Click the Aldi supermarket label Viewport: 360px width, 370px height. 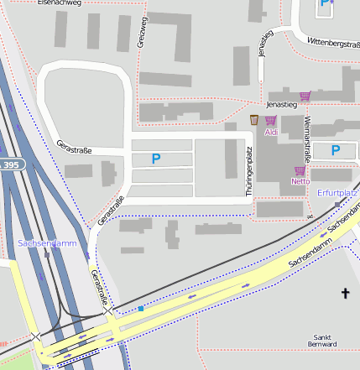[271, 133]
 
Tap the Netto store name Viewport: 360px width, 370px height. [300, 181]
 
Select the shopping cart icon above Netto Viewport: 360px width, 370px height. [300, 170]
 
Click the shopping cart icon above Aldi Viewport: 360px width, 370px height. [270, 121]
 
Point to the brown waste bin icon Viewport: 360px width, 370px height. [254, 120]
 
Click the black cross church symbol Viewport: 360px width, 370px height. [344, 293]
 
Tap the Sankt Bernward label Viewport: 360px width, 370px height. [322, 340]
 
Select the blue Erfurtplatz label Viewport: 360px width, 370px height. [337, 193]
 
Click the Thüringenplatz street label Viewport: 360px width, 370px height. [248, 172]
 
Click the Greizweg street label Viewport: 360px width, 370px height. [143, 32]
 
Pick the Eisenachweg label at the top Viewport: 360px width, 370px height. [60, 3]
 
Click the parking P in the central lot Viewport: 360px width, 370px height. [155, 158]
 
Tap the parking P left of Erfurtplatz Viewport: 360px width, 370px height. [337, 150]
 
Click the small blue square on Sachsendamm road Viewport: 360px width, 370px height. [141, 309]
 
